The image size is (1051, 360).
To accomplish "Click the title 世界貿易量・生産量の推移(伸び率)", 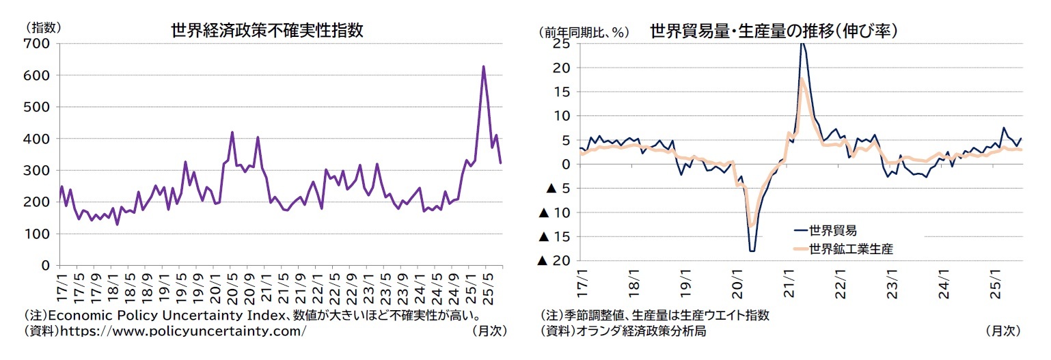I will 773,31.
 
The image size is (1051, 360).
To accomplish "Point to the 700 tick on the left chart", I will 36,44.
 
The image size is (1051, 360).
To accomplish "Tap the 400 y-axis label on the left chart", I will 36,139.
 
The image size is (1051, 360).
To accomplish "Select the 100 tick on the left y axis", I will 36,234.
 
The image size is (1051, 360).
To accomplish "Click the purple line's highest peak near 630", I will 483,67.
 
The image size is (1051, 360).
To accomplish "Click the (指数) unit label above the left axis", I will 44,28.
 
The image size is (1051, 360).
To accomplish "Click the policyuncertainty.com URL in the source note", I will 183,331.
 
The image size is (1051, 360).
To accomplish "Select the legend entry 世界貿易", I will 832,230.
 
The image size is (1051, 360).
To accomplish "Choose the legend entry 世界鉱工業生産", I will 850,249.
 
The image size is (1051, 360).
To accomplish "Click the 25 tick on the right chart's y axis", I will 562,44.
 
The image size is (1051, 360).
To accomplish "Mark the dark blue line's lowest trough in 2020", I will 752,251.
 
